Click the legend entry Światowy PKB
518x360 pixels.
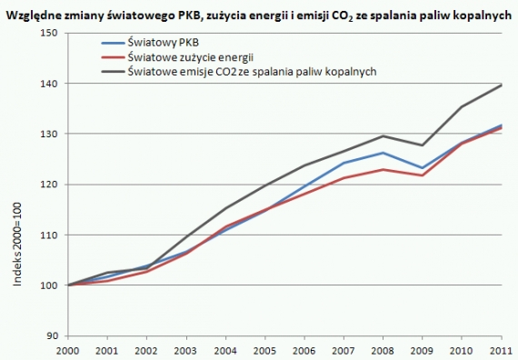coord(166,43)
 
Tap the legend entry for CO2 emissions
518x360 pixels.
coord(252,70)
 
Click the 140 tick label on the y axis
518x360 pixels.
coord(49,84)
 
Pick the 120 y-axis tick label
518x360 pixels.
coord(49,185)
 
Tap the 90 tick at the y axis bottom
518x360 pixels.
coord(52,336)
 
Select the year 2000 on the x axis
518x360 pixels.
coord(69,350)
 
